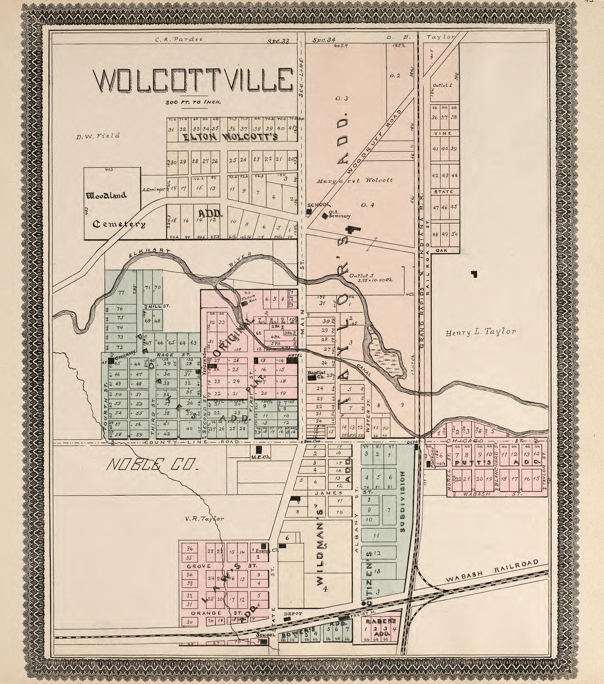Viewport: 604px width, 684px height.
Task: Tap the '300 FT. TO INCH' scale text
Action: click(193, 102)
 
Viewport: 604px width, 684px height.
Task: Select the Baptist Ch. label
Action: click(316, 375)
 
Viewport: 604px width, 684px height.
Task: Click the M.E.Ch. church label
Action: click(260, 457)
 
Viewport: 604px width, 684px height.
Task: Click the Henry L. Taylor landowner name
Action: click(480, 332)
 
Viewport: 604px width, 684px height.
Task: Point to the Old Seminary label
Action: click(335, 214)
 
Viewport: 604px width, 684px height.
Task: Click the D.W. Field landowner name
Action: click(98, 136)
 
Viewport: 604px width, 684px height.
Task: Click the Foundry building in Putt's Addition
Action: click(429, 464)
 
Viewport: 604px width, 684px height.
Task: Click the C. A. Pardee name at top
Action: click(179, 39)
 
